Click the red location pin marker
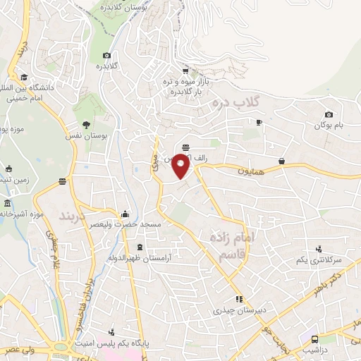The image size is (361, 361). point(181,166)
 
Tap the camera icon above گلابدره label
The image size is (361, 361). point(106,56)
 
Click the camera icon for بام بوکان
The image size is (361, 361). point(329,115)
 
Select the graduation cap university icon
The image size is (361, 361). point(24,78)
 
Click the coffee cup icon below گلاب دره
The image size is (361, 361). point(259,122)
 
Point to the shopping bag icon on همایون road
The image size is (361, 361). point(282,161)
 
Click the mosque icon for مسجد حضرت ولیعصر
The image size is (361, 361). point(126,214)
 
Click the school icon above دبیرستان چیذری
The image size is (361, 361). point(239,299)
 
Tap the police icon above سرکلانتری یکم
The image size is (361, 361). point(319,249)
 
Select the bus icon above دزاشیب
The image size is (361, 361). point(314,338)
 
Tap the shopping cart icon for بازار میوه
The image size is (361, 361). point(185,71)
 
